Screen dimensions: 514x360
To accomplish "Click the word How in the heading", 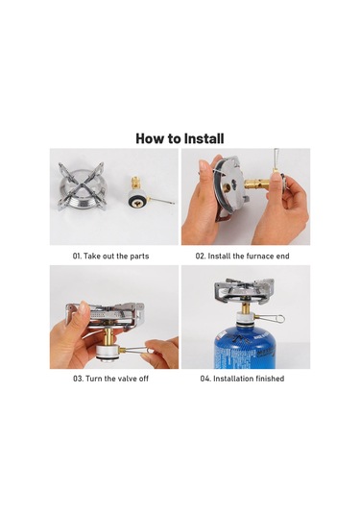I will [151, 138].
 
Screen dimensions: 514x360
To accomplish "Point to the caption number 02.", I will [202, 257].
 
